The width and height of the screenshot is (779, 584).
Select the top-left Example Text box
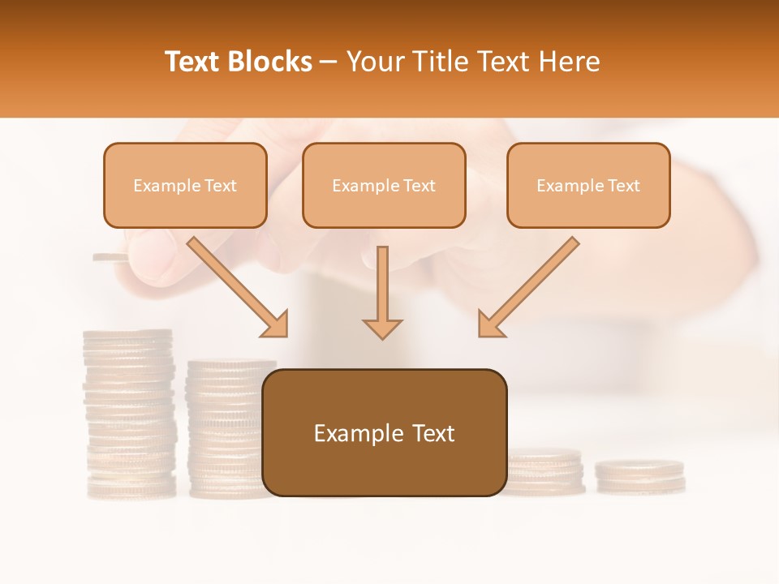(185, 186)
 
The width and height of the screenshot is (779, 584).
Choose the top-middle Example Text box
(384, 186)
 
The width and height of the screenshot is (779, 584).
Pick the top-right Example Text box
(588, 186)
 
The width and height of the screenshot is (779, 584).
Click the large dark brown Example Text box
(384, 432)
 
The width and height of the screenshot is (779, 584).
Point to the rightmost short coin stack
(640, 477)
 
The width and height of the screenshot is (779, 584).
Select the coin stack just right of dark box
(545, 473)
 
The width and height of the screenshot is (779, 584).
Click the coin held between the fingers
(110, 258)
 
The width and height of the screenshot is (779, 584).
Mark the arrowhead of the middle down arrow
(382, 328)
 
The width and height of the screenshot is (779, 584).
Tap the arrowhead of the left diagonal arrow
(275, 324)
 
